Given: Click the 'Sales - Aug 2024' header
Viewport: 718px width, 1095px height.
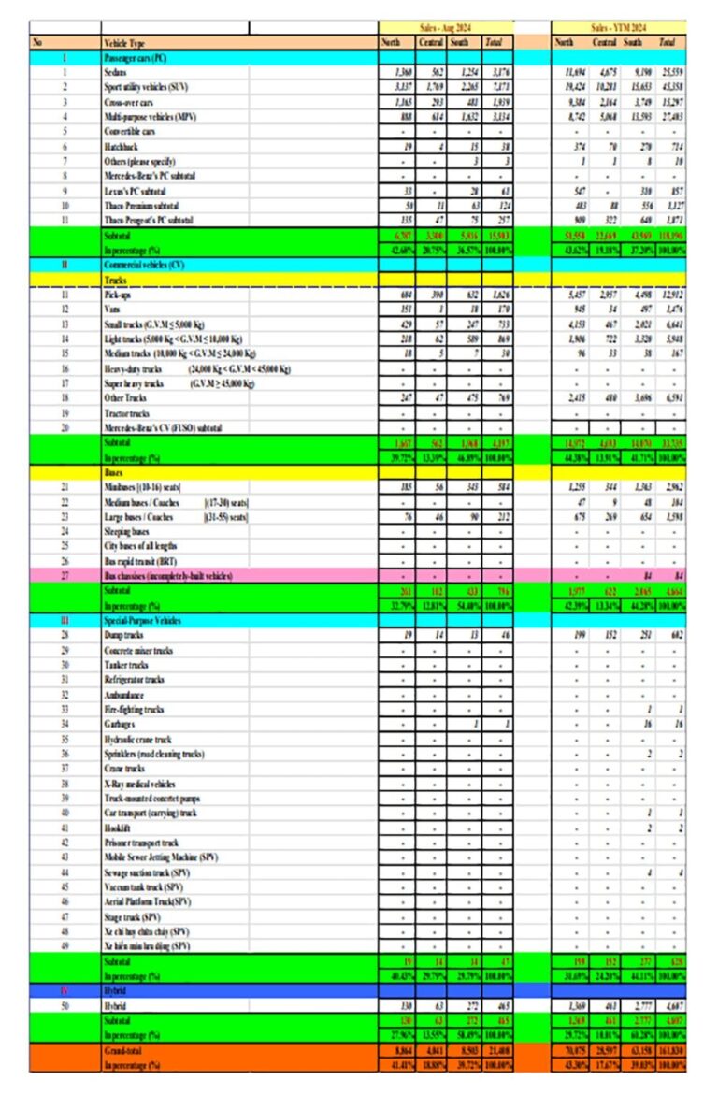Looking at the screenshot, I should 445,28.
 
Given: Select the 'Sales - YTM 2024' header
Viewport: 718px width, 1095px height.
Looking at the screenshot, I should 618,28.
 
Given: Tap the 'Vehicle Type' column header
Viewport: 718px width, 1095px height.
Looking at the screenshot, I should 126,43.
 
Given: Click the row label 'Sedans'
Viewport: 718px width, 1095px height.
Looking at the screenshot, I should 117,71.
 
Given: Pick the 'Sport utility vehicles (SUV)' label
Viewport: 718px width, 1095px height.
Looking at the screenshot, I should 150,86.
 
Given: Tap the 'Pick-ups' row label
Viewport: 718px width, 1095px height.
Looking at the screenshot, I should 120,295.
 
